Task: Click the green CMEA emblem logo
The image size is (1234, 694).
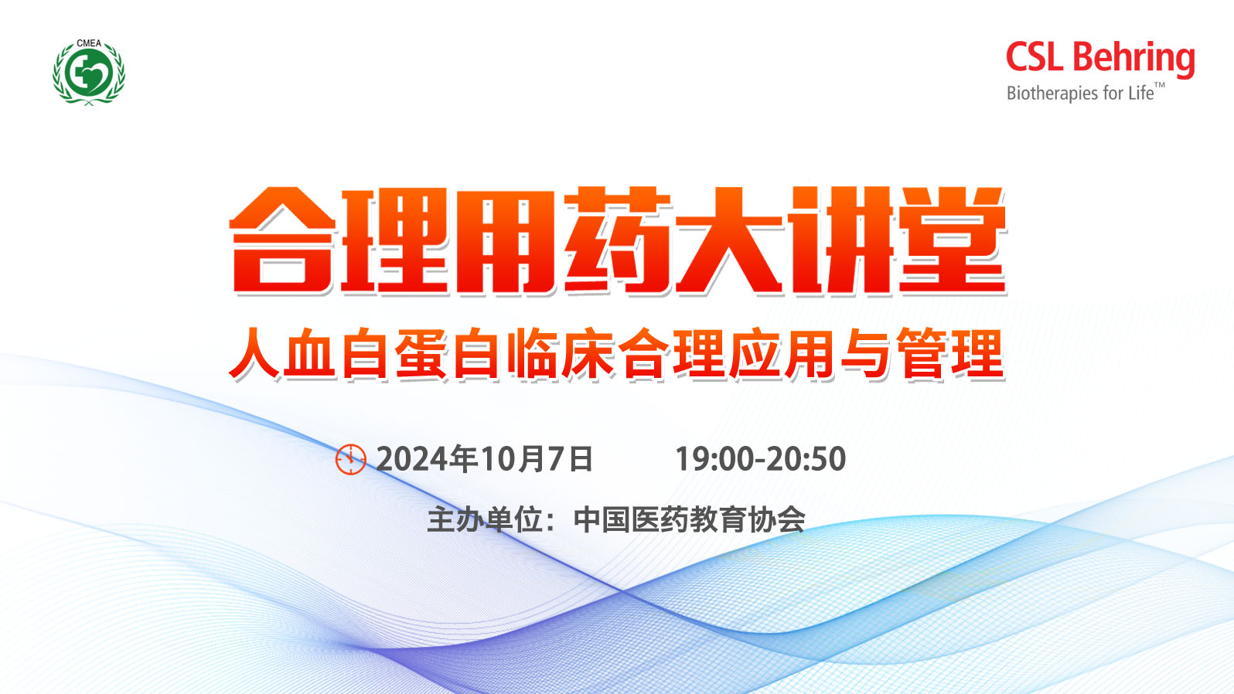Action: pos(89,72)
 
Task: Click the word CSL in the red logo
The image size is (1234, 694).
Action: pos(1035,56)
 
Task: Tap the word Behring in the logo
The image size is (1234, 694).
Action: pos(1133,60)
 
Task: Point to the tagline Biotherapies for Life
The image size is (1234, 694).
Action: pos(1079,93)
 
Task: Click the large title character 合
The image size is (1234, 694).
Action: pos(282,240)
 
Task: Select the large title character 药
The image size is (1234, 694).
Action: pos(618,240)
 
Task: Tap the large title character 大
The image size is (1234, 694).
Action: pos(729,240)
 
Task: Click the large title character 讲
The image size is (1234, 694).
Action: pos(840,240)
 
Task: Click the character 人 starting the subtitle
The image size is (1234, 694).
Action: pos(255,353)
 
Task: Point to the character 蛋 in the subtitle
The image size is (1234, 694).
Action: pos(421,353)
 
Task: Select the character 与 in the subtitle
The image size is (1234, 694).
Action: pos(866,353)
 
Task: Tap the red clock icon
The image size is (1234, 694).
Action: pos(351,459)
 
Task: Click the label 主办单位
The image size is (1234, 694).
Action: pos(485,519)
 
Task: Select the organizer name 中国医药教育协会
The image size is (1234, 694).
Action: pos(689,519)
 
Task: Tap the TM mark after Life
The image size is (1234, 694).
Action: pos(1160,85)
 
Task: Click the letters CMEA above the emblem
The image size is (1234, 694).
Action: pos(89,43)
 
